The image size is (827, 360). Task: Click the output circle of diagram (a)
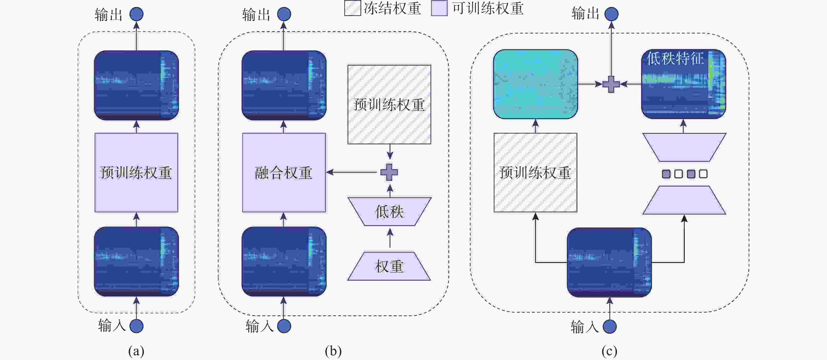(137, 14)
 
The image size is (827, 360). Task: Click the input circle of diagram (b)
(284, 326)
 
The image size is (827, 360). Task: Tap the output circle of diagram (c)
(611, 14)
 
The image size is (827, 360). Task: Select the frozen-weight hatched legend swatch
(353, 8)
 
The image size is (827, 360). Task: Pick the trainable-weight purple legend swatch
(439, 8)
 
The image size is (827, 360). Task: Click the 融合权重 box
(284, 173)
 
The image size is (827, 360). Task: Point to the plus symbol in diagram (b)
(389, 172)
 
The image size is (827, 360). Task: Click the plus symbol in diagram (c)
(611, 84)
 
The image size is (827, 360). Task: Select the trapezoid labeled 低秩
(389, 211)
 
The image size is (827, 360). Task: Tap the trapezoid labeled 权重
(389, 266)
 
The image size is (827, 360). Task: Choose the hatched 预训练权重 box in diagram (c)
(535, 173)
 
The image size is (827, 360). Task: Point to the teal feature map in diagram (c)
(535, 84)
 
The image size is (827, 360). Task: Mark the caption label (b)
(333, 351)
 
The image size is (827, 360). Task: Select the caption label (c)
(609, 351)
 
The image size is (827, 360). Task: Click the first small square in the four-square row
(666, 174)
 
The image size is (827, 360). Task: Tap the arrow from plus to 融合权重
(352, 172)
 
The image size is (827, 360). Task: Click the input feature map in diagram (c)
(609, 262)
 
